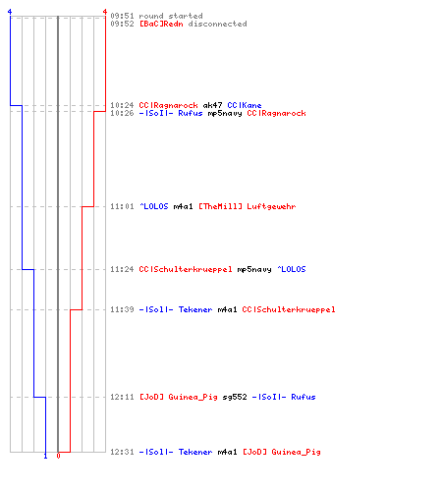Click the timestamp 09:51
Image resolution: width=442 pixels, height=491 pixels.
(122, 16)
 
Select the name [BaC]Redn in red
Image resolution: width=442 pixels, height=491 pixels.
(161, 24)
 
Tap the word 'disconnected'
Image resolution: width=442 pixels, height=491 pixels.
(217, 24)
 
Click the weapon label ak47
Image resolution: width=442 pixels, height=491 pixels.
(212, 105)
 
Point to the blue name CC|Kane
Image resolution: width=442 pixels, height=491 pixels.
(245, 105)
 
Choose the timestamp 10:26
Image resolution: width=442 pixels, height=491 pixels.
(122, 113)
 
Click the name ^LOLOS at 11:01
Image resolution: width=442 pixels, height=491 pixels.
(154, 206)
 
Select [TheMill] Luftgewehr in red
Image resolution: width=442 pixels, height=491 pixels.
(248, 206)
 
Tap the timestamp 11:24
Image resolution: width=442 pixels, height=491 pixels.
(122, 269)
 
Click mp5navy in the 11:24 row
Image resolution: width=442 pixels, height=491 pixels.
(254, 269)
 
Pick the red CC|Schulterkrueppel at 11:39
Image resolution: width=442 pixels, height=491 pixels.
(289, 309)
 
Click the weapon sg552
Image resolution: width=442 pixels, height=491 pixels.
(235, 397)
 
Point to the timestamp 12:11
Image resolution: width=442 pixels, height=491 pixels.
(122, 397)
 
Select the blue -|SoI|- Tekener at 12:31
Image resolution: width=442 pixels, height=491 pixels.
(176, 452)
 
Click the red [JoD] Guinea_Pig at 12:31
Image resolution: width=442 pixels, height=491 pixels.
(282, 452)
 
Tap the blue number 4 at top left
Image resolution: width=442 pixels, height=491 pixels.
(10, 12)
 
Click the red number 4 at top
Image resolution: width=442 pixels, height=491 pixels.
(105, 12)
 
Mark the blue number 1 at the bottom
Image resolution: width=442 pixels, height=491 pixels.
(45, 456)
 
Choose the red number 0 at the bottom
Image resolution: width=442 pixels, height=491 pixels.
(58, 456)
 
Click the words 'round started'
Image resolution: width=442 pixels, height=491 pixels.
(171, 16)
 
